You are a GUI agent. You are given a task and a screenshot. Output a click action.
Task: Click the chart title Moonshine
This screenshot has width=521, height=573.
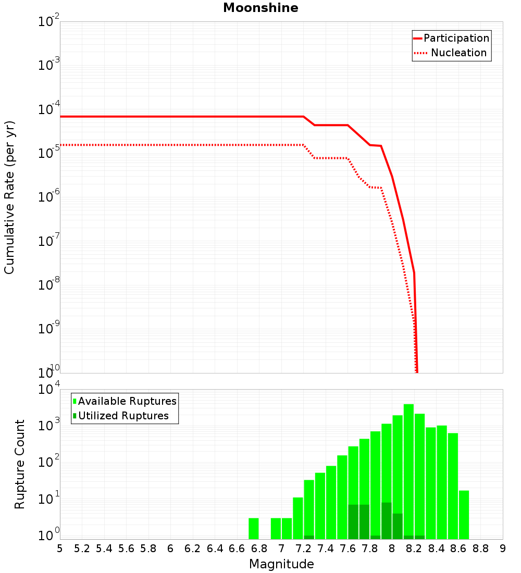point(260,8)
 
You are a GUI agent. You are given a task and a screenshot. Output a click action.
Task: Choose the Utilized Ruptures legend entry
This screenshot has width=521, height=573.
point(123,416)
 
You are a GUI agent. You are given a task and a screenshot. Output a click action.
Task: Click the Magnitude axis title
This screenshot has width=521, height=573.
point(281,564)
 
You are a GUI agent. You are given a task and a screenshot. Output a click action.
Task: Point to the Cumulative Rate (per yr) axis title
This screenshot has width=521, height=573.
point(9,197)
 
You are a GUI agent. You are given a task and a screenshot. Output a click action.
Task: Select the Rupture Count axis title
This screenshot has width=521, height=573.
point(20,464)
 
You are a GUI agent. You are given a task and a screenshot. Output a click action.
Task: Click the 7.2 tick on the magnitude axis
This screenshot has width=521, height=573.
point(303,549)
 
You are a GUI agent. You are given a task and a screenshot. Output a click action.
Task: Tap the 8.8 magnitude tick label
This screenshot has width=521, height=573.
point(480,549)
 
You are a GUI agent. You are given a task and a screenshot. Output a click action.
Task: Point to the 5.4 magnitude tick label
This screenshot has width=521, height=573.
point(104,549)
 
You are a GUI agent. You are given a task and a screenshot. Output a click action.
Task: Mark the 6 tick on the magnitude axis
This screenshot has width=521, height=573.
point(170,549)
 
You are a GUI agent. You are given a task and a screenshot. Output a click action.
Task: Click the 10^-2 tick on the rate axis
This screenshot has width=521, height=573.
point(49,22)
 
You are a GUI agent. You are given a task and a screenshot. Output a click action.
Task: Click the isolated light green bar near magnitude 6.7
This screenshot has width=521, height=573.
point(254,529)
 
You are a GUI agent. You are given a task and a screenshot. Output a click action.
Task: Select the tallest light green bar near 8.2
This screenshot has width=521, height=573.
point(408,469)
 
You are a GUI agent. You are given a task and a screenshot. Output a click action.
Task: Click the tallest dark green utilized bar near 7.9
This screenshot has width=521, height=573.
point(386,521)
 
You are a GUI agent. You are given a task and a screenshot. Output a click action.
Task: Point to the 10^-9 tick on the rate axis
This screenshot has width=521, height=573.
point(49,329)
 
